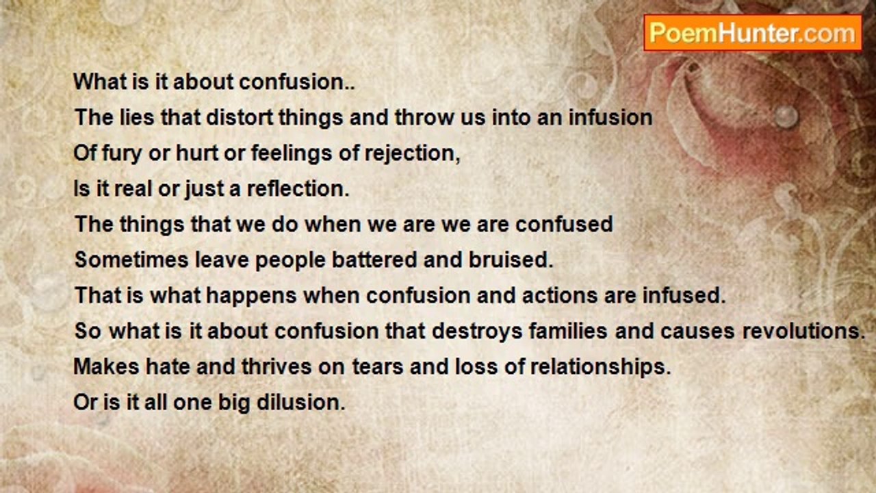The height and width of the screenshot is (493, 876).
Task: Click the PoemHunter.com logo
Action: pyautogui.click(x=753, y=33)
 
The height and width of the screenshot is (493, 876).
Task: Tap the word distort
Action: pyautogui.click(x=240, y=117)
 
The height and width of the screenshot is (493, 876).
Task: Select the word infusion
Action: pyautogui.click(x=610, y=117)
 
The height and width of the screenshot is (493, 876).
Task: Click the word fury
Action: pyautogui.click(x=122, y=153)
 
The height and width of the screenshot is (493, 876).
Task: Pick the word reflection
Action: pyautogui.click(x=298, y=189)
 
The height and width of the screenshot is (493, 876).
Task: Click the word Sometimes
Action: pyautogui.click(x=131, y=260)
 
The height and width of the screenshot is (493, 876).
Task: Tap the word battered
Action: pyautogui.click(x=374, y=260)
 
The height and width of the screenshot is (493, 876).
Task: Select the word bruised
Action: pyautogui.click(x=511, y=260)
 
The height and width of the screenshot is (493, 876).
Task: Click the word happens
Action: pyautogui.click(x=251, y=295)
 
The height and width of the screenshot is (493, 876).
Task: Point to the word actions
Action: pyautogui.click(x=560, y=295)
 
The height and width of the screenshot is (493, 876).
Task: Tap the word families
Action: pyautogui.click(x=568, y=331)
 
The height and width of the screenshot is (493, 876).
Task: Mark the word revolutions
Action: pyautogui.click(x=803, y=331)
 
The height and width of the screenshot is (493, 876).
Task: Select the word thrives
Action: pyautogui.click(x=276, y=366)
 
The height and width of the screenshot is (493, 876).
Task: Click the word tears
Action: pyautogui.click(x=378, y=366)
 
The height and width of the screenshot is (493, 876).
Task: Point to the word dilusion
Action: pyautogui.click(x=301, y=402)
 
